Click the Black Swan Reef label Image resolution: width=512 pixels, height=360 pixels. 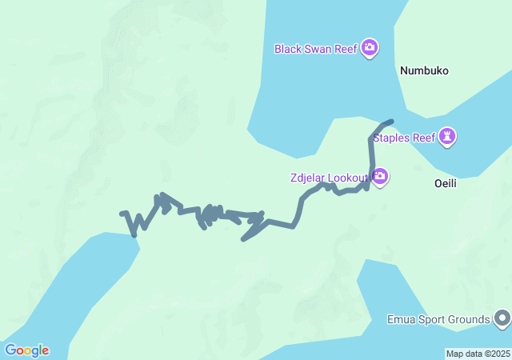click(x=315, y=49)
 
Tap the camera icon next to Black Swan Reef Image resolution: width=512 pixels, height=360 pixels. click(x=370, y=48)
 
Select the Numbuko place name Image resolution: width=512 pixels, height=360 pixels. click(x=424, y=70)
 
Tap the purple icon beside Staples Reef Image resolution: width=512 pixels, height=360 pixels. click(x=448, y=137)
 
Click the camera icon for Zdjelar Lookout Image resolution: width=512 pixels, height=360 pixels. click(x=380, y=176)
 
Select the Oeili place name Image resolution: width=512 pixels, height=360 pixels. click(x=445, y=183)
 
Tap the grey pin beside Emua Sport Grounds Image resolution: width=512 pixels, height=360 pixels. click(x=502, y=319)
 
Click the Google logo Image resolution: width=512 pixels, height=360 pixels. click(x=26, y=350)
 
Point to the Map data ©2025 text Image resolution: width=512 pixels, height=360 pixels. click(x=477, y=354)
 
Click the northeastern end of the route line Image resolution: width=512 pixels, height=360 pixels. click(x=391, y=122)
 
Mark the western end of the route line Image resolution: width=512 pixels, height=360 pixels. click(x=122, y=214)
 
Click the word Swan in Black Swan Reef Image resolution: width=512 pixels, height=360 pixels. click(x=318, y=49)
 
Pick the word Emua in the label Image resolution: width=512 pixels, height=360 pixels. click(x=399, y=320)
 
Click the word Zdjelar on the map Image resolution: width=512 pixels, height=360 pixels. click(x=307, y=177)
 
